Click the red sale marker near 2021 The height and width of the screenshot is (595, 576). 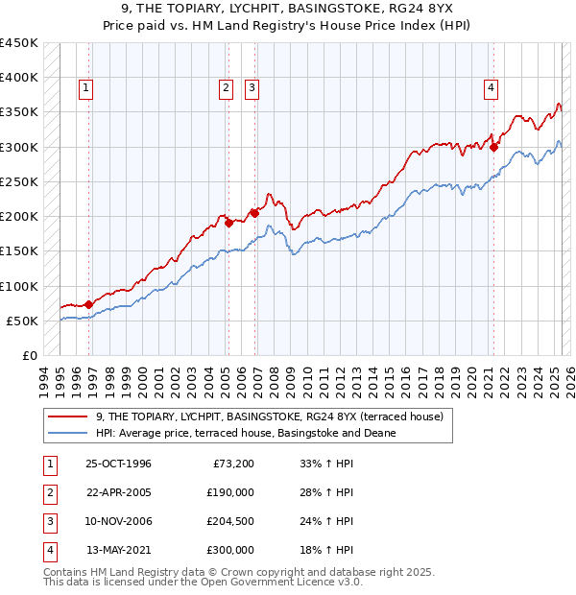coord(494,147)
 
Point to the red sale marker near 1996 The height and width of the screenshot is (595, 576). coord(89,304)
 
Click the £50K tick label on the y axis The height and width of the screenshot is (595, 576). coord(22,321)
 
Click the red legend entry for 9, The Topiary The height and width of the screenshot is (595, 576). coord(269,416)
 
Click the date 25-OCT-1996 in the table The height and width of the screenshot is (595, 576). coord(118,464)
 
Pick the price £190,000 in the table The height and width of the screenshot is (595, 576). coord(229,492)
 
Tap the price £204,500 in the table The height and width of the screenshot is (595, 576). coord(229,521)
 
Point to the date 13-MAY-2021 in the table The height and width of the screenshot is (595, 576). coord(118,550)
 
